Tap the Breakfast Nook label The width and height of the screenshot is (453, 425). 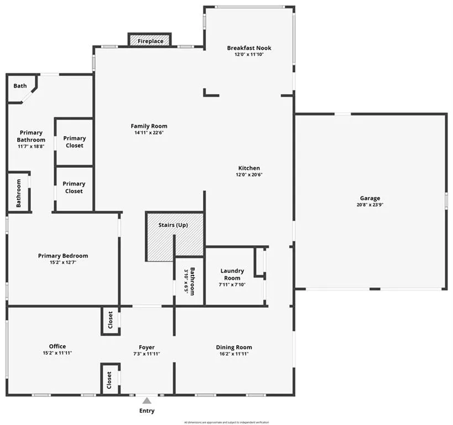[249, 48]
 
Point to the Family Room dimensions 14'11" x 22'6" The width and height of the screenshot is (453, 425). [149, 133]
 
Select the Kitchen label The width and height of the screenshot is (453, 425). [249, 168]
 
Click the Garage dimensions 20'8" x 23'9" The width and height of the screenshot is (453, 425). [370, 205]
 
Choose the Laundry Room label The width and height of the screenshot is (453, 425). [232, 274]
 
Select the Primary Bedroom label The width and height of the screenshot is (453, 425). [63, 256]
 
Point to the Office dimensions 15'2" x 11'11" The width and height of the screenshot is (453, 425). [58, 353]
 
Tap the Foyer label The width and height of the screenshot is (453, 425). [147, 348]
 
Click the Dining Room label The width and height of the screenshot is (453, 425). [234, 348]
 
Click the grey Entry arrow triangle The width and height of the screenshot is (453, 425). [147, 401]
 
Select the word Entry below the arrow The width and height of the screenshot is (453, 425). [147, 411]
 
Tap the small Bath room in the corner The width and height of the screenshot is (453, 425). [20, 86]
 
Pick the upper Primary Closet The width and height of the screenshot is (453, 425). [74, 142]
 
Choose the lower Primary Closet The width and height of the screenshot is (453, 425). [74, 188]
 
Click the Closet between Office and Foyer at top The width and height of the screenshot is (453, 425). [110, 320]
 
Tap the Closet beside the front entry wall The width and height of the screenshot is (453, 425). [110, 380]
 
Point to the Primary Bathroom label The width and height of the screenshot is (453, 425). [31, 136]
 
